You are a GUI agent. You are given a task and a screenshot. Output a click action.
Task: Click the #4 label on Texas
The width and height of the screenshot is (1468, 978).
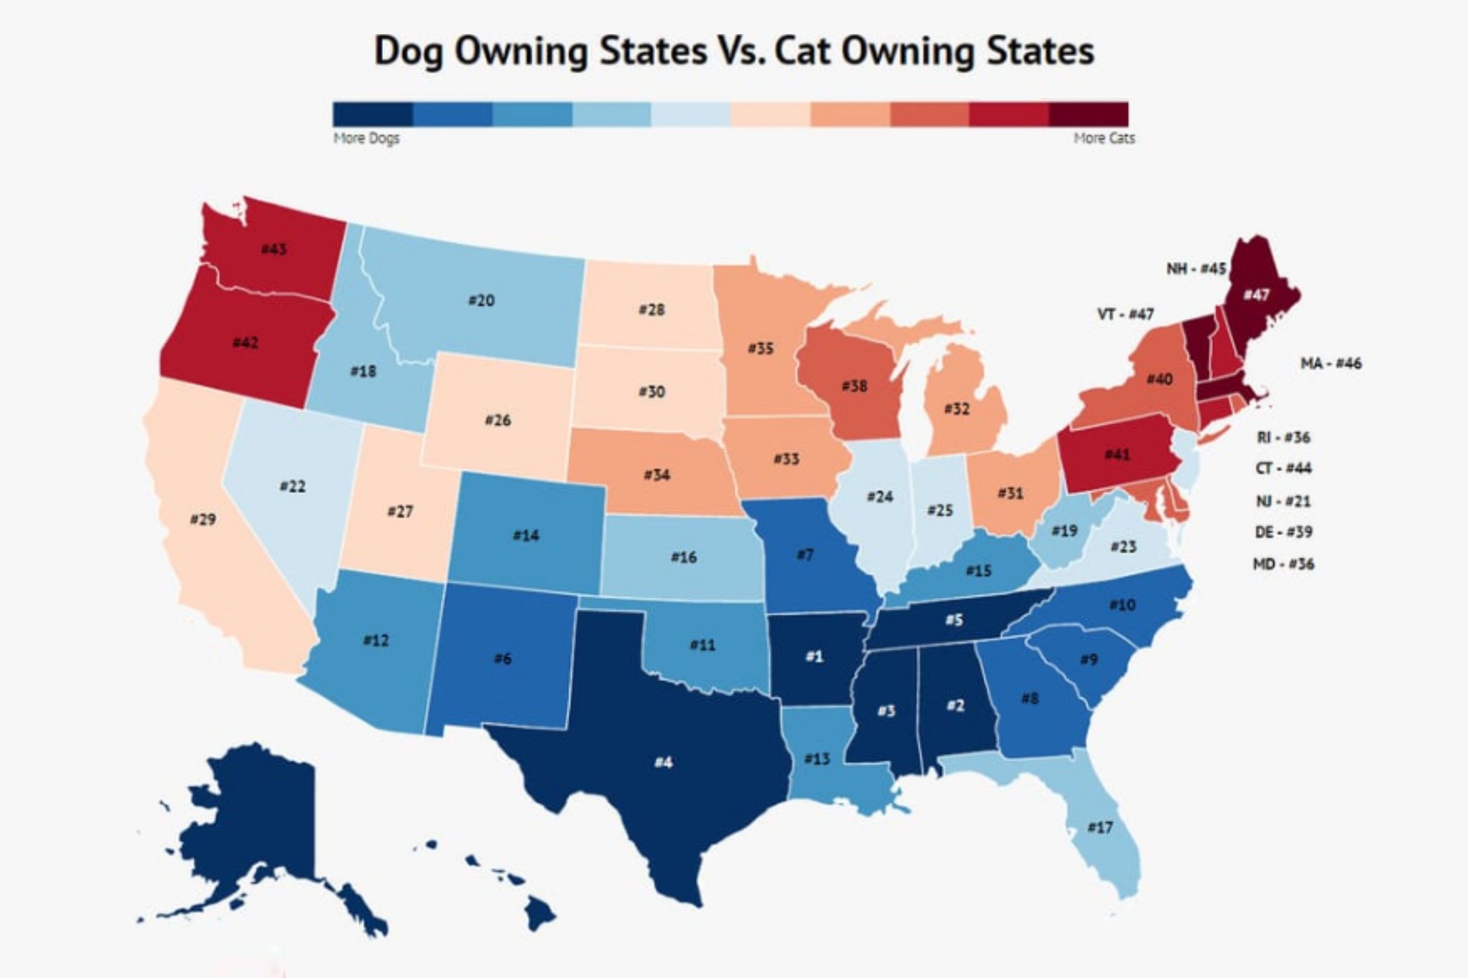click(664, 762)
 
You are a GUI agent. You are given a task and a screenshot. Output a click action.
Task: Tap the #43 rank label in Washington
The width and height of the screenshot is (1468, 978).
click(274, 249)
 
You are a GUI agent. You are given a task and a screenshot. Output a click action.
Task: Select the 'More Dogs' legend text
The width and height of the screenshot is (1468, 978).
click(366, 138)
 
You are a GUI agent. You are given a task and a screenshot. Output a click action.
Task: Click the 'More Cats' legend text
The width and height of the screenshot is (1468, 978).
click(1104, 138)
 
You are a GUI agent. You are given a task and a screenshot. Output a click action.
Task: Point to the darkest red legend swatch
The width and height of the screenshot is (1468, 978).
click(1089, 114)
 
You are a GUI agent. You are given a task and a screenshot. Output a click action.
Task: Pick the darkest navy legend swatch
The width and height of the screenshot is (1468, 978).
click(373, 114)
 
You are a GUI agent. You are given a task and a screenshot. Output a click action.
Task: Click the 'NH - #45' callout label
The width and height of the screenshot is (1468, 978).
click(1196, 269)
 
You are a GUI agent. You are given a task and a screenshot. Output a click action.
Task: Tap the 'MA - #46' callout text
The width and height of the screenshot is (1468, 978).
click(1331, 363)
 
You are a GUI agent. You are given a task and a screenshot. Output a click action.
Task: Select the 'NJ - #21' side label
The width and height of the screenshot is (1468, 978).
click(1283, 501)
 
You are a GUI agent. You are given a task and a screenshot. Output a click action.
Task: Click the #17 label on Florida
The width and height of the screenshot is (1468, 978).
click(1100, 828)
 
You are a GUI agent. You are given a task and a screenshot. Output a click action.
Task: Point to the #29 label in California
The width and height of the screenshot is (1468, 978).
click(203, 519)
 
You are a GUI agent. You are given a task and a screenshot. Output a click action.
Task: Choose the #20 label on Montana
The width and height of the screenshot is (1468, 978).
click(481, 301)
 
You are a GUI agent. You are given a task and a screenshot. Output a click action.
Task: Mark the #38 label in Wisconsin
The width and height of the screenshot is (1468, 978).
click(854, 386)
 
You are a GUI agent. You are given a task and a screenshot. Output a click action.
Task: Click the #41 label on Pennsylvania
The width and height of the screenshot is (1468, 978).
click(1118, 454)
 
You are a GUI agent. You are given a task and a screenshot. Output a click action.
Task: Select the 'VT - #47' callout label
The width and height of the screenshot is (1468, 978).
click(1125, 314)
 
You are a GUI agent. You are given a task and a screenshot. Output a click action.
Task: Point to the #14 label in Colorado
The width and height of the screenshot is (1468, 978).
click(525, 535)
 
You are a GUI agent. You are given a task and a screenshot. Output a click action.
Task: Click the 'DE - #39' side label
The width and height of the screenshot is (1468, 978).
click(1283, 532)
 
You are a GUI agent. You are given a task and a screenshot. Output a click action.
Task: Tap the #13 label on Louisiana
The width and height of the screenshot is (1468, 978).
click(817, 759)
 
